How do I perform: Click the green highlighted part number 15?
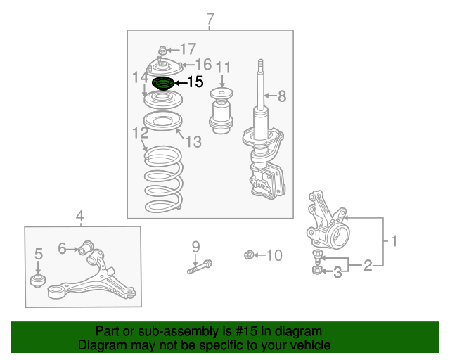pos(162,83)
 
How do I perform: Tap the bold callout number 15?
pos(195,82)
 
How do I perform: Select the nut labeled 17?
pos(162,50)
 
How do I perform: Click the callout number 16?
pos(203,64)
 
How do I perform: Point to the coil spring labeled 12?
pos(164,179)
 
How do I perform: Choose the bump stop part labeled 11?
pos(221,111)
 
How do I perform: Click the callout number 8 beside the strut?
pos(282,96)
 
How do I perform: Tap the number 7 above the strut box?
pos(210,19)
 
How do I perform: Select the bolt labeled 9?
pos(200,266)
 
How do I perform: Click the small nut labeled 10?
pos(249,255)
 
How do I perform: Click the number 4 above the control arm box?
pos(79,216)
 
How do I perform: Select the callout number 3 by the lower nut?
pos(337,272)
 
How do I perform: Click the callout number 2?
pos(368,265)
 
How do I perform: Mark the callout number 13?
pos(194,141)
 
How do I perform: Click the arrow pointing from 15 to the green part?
pos(181,83)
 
